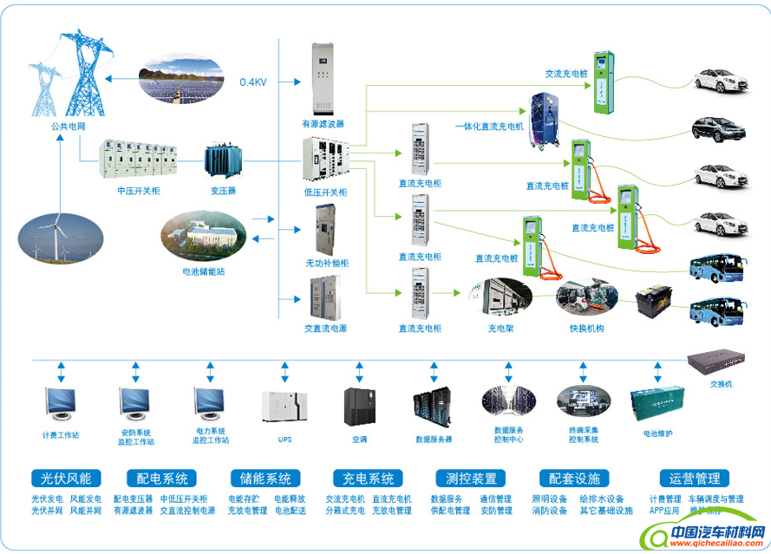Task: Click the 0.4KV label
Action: [x=254, y=82]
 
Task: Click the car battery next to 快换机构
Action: [x=656, y=303]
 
